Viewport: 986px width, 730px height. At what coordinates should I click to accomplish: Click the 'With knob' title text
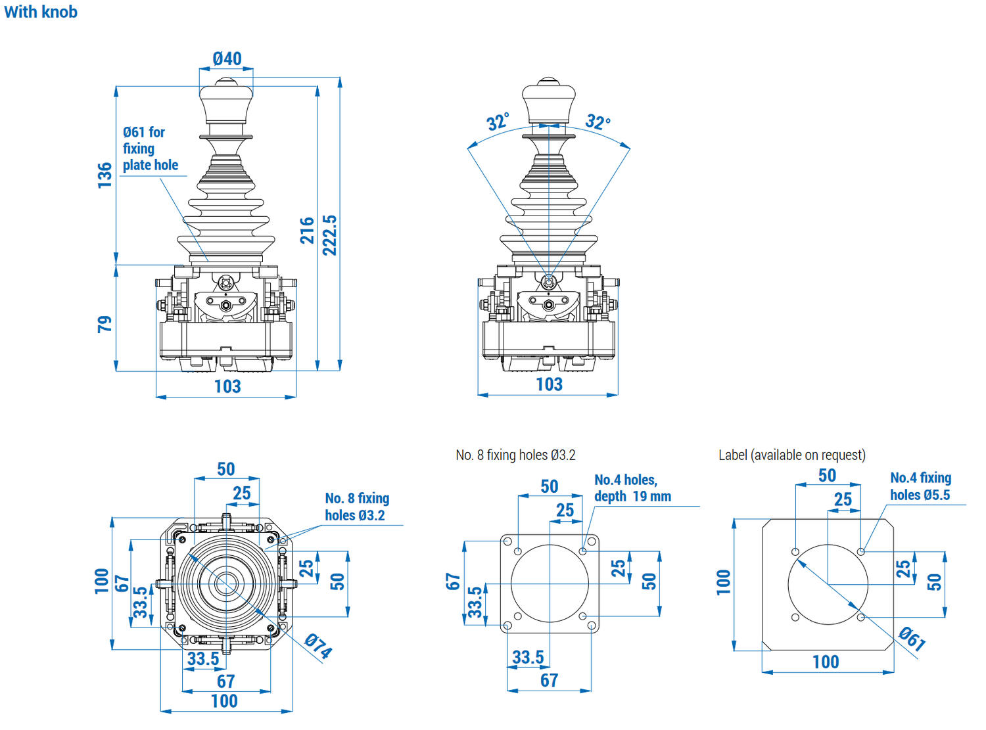[x=41, y=12]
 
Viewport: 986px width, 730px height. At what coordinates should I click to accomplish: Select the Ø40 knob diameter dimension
[x=227, y=58]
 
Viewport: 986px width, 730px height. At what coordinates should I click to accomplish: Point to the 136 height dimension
[x=105, y=175]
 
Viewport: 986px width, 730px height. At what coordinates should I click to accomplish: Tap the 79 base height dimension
[x=105, y=324]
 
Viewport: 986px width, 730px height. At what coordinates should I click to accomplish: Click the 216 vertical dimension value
[x=307, y=231]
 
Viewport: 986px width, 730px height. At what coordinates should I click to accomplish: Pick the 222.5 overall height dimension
[x=330, y=235]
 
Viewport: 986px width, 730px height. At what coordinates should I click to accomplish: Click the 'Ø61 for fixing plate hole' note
[x=150, y=148]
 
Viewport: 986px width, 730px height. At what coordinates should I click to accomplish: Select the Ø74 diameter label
[x=319, y=645]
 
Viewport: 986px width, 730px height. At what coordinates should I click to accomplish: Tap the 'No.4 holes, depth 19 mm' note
[x=632, y=488]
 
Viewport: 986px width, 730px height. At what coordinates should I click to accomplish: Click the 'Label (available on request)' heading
[x=791, y=455]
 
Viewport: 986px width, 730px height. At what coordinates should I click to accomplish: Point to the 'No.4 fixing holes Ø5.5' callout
[x=920, y=486]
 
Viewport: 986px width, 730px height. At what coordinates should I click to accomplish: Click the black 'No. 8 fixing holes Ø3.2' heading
[x=515, y=455]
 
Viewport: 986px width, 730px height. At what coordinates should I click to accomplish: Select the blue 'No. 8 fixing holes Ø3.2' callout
[x=357, y=507]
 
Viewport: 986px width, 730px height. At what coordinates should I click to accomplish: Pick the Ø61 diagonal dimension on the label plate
[x=912, y=638]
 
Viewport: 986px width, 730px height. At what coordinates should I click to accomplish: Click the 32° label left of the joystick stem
[x=498, y=122]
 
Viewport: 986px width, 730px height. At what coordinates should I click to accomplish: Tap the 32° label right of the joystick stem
[x=598, y=122]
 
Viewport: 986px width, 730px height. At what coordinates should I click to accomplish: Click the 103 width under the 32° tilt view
[x=549, y=384]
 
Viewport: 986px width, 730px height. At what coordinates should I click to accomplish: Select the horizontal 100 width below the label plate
[x=826, y=662]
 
